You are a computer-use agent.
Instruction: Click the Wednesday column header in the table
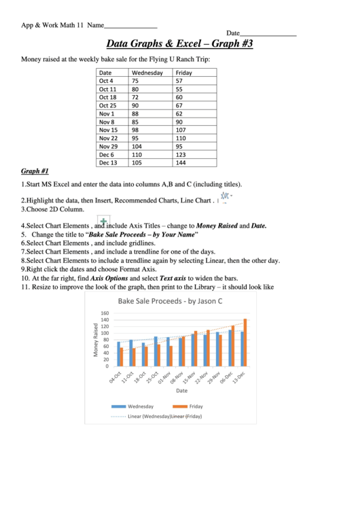coord(147,72)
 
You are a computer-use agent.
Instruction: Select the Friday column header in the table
coord(183,72)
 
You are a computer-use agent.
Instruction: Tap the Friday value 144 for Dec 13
coord(180,162)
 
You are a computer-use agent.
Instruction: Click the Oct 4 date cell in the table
coord(106,80)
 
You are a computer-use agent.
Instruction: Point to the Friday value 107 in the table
coord(181,130)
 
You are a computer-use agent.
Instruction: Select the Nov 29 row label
coord(108,146)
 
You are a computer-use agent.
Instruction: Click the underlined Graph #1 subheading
coord(35,171)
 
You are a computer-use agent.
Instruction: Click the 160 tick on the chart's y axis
coord(105,314)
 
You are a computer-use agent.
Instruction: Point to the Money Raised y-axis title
coord(96,340)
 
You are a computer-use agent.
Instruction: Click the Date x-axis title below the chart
coord(181,391)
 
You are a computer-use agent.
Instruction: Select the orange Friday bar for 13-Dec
coord(245,342)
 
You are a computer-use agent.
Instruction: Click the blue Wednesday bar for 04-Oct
coord(118,353)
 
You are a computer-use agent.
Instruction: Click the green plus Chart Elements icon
coord(104,221)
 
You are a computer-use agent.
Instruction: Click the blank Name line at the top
coord(130,25)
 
